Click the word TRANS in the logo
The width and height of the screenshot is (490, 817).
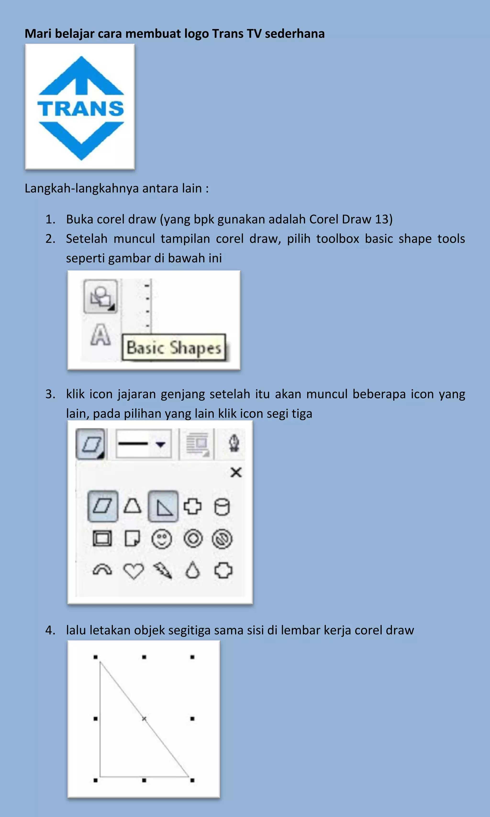[x=81, y=109]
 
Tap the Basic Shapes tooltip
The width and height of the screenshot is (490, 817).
[x=174, y=348]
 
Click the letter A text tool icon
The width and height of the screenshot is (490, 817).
[x=100, y=335]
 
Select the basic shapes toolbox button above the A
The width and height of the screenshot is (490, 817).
[x=100, y=296]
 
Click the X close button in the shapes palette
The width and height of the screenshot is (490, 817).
[x=236, y=473]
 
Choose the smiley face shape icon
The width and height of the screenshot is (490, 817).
[x=161, y=539]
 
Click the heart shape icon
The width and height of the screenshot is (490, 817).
[x=134, y=570]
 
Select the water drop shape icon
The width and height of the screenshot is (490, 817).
[x=193, y=570]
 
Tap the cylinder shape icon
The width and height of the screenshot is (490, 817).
[x=222, y=507]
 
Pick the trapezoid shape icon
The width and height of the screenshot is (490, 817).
[x=132, y=506]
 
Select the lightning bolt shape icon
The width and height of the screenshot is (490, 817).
[x=163, y=570]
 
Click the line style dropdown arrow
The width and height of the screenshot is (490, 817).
[x=161, y=444]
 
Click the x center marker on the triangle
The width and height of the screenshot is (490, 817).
[x=144, y=719]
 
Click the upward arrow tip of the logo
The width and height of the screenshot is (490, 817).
[x=81, y=59]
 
